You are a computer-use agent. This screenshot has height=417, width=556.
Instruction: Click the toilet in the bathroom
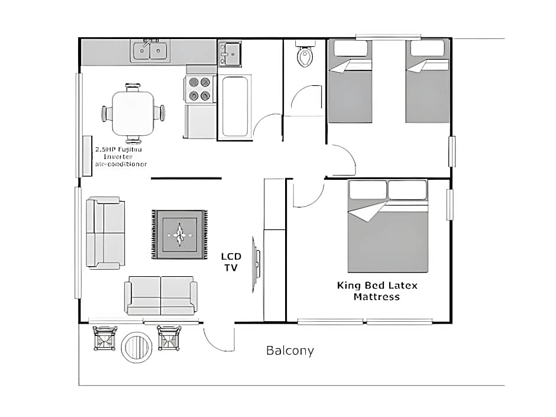[305, 57]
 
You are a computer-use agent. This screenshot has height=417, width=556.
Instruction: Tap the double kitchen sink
[150, 51]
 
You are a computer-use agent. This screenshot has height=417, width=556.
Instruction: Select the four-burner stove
[199, 89]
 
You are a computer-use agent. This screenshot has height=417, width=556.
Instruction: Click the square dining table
[133, 112]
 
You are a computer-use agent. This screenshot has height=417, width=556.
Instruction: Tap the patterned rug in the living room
[180, 234]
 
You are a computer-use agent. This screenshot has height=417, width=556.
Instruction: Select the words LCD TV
[231, 261]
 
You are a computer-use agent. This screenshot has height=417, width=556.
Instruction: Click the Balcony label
[290, 350]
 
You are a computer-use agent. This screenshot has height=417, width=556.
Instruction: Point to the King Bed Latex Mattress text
[377, 290]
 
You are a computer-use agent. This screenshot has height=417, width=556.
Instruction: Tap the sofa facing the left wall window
[106, 232]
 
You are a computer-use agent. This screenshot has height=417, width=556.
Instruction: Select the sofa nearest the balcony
[161, 295]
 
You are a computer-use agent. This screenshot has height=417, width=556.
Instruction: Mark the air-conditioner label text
[121, 156]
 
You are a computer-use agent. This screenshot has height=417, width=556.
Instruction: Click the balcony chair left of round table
[105, 338]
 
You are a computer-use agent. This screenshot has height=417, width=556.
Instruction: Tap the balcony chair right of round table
[169, 338]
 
